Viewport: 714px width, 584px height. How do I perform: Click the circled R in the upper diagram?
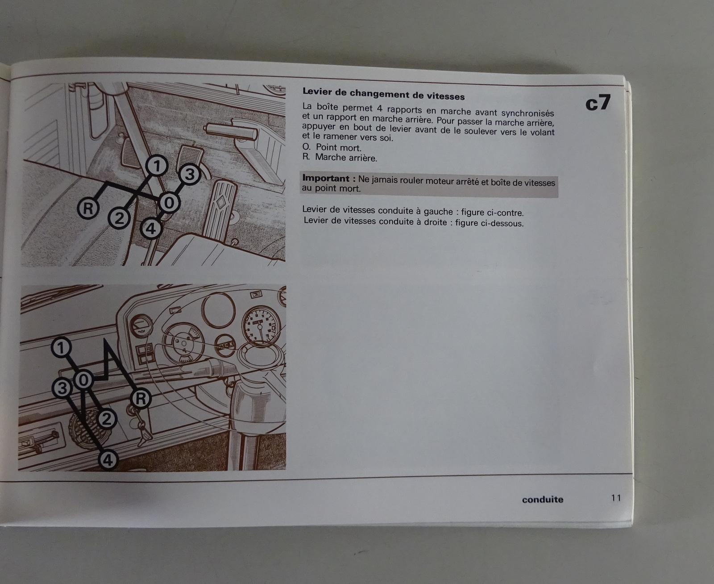[x=88, y=209]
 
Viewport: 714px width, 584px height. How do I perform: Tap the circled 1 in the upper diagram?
[x=157, y=166]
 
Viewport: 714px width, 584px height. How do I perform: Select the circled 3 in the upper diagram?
[x=190, y=175]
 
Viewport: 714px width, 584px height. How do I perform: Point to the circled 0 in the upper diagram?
[x=169, y=203]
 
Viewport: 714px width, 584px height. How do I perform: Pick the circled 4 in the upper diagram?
[x=151, y=229]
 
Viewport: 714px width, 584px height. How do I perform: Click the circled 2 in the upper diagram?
[x=119, y=219]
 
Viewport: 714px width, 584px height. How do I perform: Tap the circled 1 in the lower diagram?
[x=61, y=348]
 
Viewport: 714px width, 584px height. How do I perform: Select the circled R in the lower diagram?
[x=141, y=398]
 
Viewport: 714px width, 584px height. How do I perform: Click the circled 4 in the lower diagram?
[x=108, y=460]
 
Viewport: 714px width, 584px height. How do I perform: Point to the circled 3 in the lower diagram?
[x=62, y=388]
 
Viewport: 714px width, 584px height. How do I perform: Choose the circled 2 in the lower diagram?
[x=107, y=419]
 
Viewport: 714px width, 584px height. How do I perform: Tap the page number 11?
[x=616, y=498]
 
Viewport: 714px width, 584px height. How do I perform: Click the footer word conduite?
[x=543, y=500]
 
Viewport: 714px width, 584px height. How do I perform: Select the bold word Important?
[x=326, y=178]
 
